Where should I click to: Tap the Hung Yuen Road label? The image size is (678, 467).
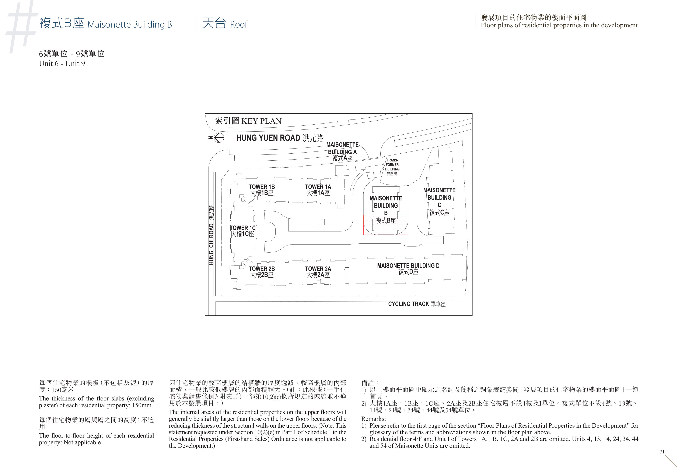(280, 138)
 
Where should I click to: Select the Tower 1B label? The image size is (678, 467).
(262, 190)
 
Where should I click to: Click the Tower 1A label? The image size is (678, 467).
(318, 190)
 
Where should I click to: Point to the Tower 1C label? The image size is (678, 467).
(242, 231)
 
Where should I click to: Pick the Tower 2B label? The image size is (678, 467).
(262, 272)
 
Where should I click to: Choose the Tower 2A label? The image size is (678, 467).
(318, 272)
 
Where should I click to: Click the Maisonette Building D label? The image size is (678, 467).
(408, 269)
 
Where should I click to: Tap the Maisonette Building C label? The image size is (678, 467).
(439, 201)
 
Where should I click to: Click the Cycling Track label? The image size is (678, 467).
(417, 304)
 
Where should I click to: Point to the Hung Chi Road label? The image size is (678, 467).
(211, 235)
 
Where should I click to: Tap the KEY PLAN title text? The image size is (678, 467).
(248, 121)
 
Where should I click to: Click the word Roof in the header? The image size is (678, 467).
(238, 24)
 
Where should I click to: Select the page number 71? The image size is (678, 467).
(662, 452)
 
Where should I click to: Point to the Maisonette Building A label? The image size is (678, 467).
(342, 151)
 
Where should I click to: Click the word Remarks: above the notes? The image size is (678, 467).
(373, 419)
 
